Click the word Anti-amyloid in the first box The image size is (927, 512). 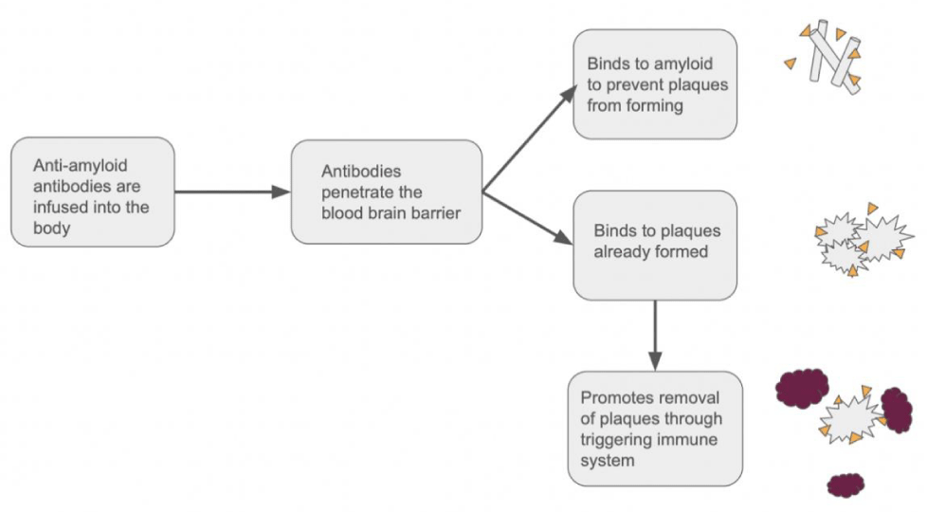81,166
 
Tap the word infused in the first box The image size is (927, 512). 60,207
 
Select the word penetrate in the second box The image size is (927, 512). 372,192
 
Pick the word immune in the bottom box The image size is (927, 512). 689,439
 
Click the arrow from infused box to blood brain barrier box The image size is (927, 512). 231,192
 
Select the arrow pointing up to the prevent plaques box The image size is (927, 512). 530,138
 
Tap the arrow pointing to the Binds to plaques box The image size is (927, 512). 527,218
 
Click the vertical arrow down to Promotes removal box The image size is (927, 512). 655,336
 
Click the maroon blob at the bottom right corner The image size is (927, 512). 845,485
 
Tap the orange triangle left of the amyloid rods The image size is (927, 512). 791,63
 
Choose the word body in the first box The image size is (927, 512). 51,229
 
